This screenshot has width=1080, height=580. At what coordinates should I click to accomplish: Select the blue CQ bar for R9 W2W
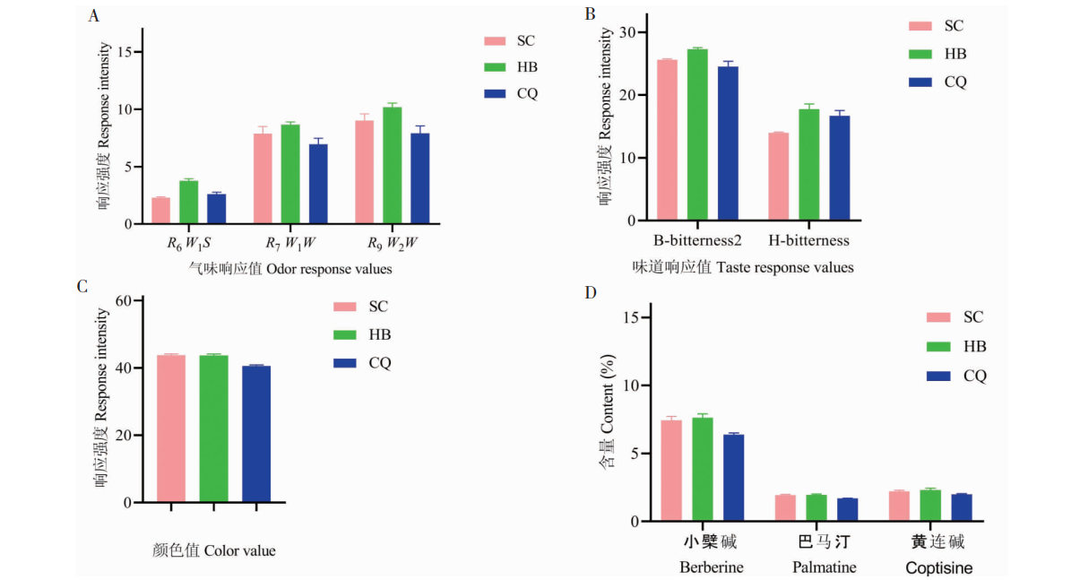419,178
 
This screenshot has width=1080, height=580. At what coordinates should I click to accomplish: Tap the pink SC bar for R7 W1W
263,178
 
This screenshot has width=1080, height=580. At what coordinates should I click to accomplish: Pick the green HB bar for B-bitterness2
697,134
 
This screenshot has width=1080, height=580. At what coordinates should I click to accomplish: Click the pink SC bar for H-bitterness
778,177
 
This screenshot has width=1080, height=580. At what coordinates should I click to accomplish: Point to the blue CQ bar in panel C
256,434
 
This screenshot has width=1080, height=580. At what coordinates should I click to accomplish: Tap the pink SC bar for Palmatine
784,508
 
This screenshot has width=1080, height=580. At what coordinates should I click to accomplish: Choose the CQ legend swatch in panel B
920,82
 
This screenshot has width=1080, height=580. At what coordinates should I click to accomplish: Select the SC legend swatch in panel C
345,307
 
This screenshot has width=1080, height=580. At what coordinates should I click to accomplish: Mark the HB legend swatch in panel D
938,346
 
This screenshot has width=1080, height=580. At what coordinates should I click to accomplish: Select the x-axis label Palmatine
824,567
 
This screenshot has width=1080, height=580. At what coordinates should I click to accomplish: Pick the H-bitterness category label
808,240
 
